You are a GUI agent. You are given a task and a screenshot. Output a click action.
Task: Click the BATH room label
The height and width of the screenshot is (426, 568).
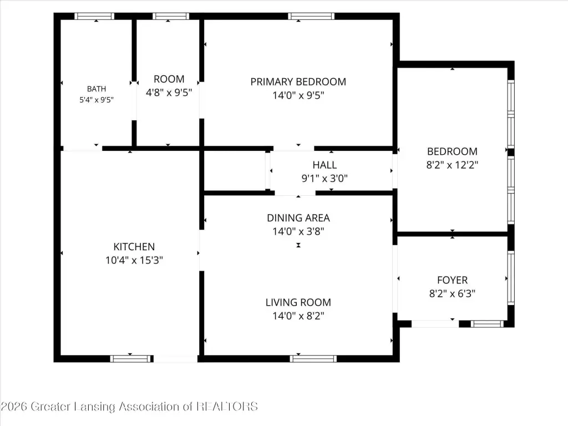tap(97, 89)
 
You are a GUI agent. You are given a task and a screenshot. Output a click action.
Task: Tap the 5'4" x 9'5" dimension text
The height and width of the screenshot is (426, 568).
tap(97, 100)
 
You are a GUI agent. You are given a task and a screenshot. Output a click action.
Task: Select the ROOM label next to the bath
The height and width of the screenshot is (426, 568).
tap(169, 79)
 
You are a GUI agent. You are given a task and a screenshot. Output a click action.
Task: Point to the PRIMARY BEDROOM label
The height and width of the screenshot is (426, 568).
tap(298, 82)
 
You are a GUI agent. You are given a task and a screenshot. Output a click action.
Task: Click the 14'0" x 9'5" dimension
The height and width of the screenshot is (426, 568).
tap(298, 95)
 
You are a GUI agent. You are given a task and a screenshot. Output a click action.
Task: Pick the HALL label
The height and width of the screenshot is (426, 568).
tap(324, 165)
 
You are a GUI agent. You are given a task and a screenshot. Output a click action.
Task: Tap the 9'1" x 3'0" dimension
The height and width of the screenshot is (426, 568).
tap(324, 178)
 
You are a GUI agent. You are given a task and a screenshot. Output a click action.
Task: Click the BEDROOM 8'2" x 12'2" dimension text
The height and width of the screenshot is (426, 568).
tap(452, 165)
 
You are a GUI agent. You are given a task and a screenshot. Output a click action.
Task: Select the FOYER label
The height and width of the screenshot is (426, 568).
tap(452, 280)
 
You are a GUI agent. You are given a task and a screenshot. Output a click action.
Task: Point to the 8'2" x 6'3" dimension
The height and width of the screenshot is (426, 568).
tap(452, 293)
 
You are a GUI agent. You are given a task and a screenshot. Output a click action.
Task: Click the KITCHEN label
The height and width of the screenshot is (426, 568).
tap(134, 247)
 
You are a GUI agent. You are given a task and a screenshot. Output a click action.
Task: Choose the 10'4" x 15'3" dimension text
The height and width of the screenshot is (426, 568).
tap(134, 260)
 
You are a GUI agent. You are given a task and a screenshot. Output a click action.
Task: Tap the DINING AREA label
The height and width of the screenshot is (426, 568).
tap(298, 217)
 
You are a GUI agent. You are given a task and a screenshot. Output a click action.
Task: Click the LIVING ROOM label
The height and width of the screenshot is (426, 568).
tap(298, 302)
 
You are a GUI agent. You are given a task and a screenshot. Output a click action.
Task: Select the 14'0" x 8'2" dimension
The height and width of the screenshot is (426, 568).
tap(298, 316)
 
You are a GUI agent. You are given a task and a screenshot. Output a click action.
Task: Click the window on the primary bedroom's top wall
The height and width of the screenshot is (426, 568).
tap(311, 16)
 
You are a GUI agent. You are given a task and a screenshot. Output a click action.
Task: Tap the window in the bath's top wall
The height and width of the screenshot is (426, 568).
tap(94, 16)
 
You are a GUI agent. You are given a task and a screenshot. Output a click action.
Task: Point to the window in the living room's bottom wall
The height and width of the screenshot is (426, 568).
tap(313, 359)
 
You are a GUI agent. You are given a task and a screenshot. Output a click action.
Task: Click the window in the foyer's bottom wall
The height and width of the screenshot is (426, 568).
tap(487, 324)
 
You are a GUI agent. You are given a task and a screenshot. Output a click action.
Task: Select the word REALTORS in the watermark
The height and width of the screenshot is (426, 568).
tap(227, 407)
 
